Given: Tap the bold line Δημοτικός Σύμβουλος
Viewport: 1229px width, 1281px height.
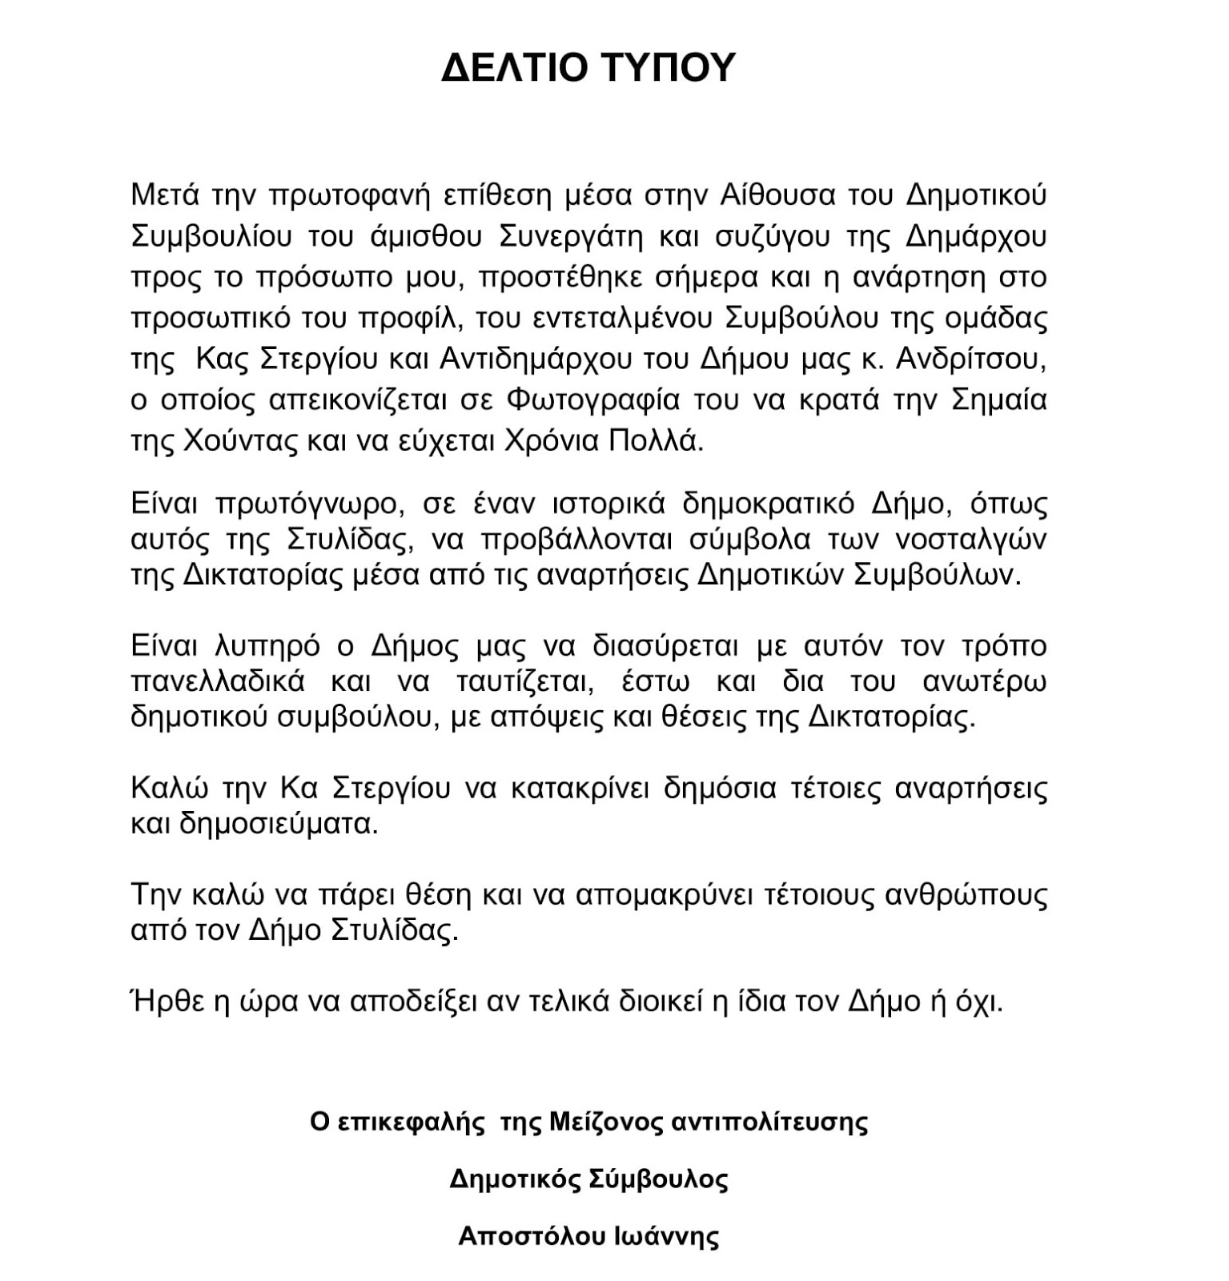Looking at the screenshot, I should [x=588, y=1179].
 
